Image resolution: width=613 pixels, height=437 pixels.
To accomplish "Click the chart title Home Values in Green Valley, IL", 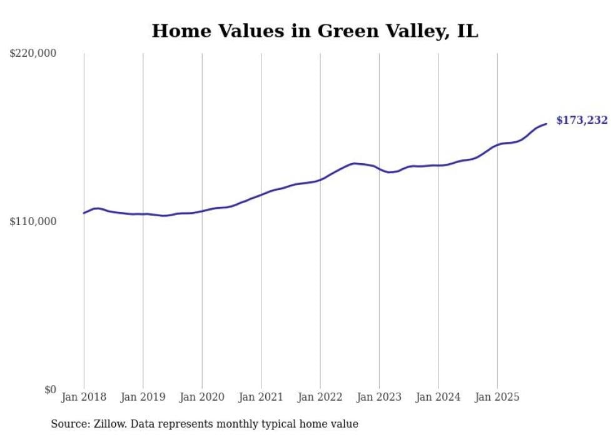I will [x=315, y=31].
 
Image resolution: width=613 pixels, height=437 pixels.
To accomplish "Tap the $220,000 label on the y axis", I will [x=33, y=54].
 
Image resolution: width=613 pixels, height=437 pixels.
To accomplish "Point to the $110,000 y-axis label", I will [x=33, y=221].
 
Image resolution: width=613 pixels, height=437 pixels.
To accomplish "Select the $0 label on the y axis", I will [x=50, y=389].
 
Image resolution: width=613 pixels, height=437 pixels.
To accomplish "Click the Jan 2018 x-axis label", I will [x=84, y=397].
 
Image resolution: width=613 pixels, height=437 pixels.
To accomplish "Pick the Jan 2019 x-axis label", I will [x=143, y=397].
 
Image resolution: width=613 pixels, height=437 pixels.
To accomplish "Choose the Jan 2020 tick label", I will [x=202, y=397].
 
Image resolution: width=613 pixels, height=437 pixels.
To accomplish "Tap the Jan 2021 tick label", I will [x=261, y=397].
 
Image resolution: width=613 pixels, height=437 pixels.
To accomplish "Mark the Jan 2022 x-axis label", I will [x=320, y=397].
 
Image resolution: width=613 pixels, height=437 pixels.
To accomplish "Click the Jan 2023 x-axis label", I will [x=379, y=397].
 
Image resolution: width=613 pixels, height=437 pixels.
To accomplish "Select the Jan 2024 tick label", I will [x=438, y=397].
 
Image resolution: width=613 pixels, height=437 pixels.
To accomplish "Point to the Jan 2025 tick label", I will [x=497, y=397].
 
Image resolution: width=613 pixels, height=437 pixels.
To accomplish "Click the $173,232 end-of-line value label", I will [x=582, y=120].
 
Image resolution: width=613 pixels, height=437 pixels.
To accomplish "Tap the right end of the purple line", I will [x=546, y=124].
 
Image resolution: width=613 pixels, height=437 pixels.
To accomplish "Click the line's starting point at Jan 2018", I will [x=84, y=213].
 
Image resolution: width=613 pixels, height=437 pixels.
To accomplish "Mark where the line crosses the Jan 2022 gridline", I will [x=320, y=179].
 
